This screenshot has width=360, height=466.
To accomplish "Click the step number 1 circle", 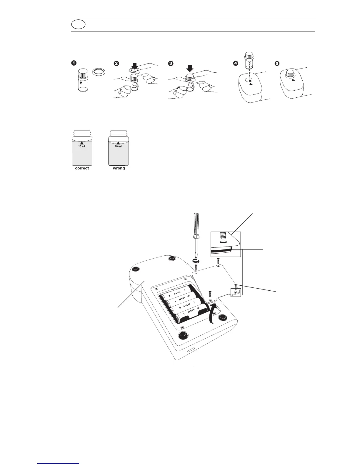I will pyautogui.click(x=74, y=63).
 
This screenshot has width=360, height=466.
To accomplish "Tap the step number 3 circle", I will pyautogui.click(x=170, y=63).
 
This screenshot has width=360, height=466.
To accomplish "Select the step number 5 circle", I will pyautogui.click(x=276, y=63).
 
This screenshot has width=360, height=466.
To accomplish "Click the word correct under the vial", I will pyautogui.click(x=82, y=168).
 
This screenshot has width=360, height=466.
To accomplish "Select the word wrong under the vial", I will pyautogui.click(x=119, y=168).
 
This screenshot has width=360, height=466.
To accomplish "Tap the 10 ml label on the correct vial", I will pyautogui.click(x=82, y=146).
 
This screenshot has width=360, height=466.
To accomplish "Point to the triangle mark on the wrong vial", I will pyautogui.click(x=118, y=143).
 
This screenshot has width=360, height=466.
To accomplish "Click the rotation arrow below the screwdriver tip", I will pyautogui.click(x=196, y=261).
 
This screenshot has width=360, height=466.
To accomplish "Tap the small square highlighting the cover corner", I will pyautogui.click(x=236, y=292).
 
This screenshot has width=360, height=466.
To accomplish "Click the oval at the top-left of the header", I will pyautogui.click(x=78, y=25).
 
